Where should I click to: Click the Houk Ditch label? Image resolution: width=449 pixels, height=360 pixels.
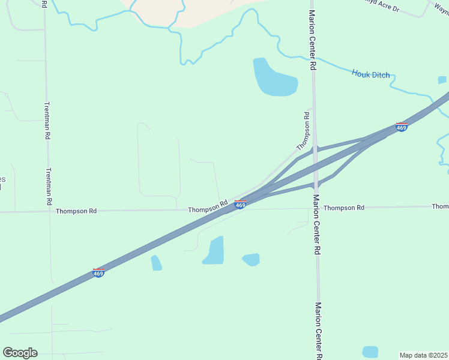pos(370,75)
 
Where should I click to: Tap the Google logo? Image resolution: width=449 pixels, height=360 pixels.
pos(20,353)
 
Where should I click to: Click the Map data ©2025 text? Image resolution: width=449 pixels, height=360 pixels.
pos(424,355)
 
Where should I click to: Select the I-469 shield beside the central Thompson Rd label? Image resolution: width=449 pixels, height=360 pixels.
pos(240,205)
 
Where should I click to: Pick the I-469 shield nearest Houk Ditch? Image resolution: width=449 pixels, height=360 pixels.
pos(402,127)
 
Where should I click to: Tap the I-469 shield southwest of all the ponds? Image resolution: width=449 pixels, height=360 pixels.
pos(99,273)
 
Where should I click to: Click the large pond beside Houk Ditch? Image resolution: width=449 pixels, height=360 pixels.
pos(274,79)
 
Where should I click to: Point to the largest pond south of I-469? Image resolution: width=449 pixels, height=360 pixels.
pos(214,251)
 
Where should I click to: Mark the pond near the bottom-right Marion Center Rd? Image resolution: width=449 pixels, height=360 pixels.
pos(370,352)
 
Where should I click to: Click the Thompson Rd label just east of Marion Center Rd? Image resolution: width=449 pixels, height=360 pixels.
pos(344,208)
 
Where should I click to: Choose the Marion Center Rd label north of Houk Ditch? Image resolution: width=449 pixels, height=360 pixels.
pos(313,40)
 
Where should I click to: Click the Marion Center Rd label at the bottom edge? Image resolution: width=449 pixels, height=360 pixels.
pos(319,330)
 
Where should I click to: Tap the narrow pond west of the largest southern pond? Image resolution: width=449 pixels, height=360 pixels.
pos(156,263)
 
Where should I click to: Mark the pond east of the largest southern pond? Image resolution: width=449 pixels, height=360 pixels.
pos(252,259)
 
